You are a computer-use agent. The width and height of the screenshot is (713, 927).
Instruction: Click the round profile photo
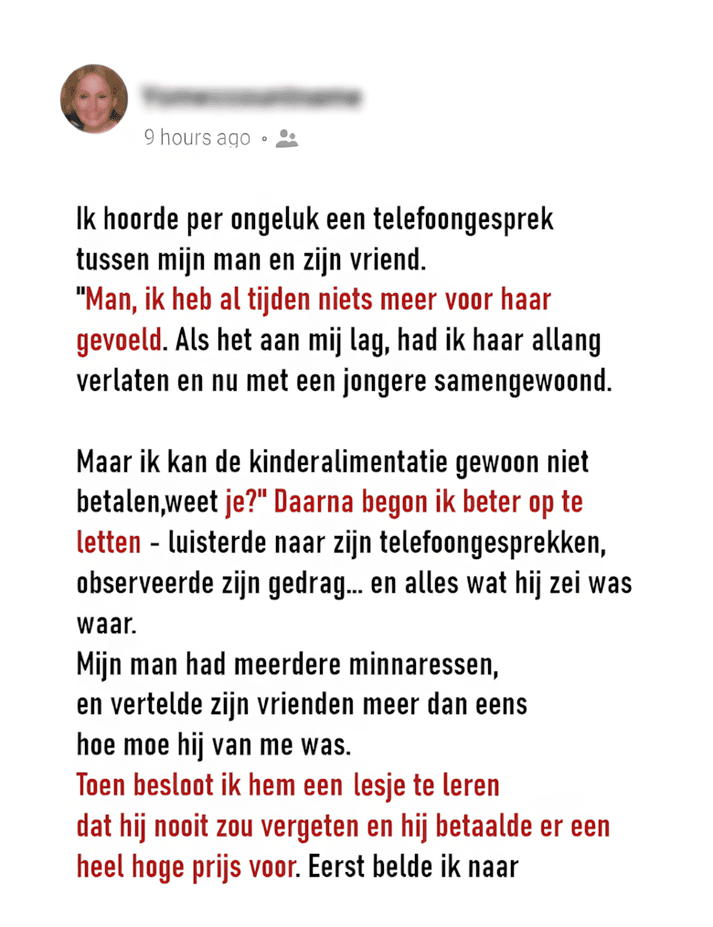(94, 99)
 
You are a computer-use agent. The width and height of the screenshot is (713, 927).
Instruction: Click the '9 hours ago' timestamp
(197, 138)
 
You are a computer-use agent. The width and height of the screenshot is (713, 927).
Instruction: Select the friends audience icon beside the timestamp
(287, 139)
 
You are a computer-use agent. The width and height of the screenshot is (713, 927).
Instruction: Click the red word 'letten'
(108, 542)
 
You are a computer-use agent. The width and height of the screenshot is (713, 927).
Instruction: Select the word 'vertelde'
(159, 704)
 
